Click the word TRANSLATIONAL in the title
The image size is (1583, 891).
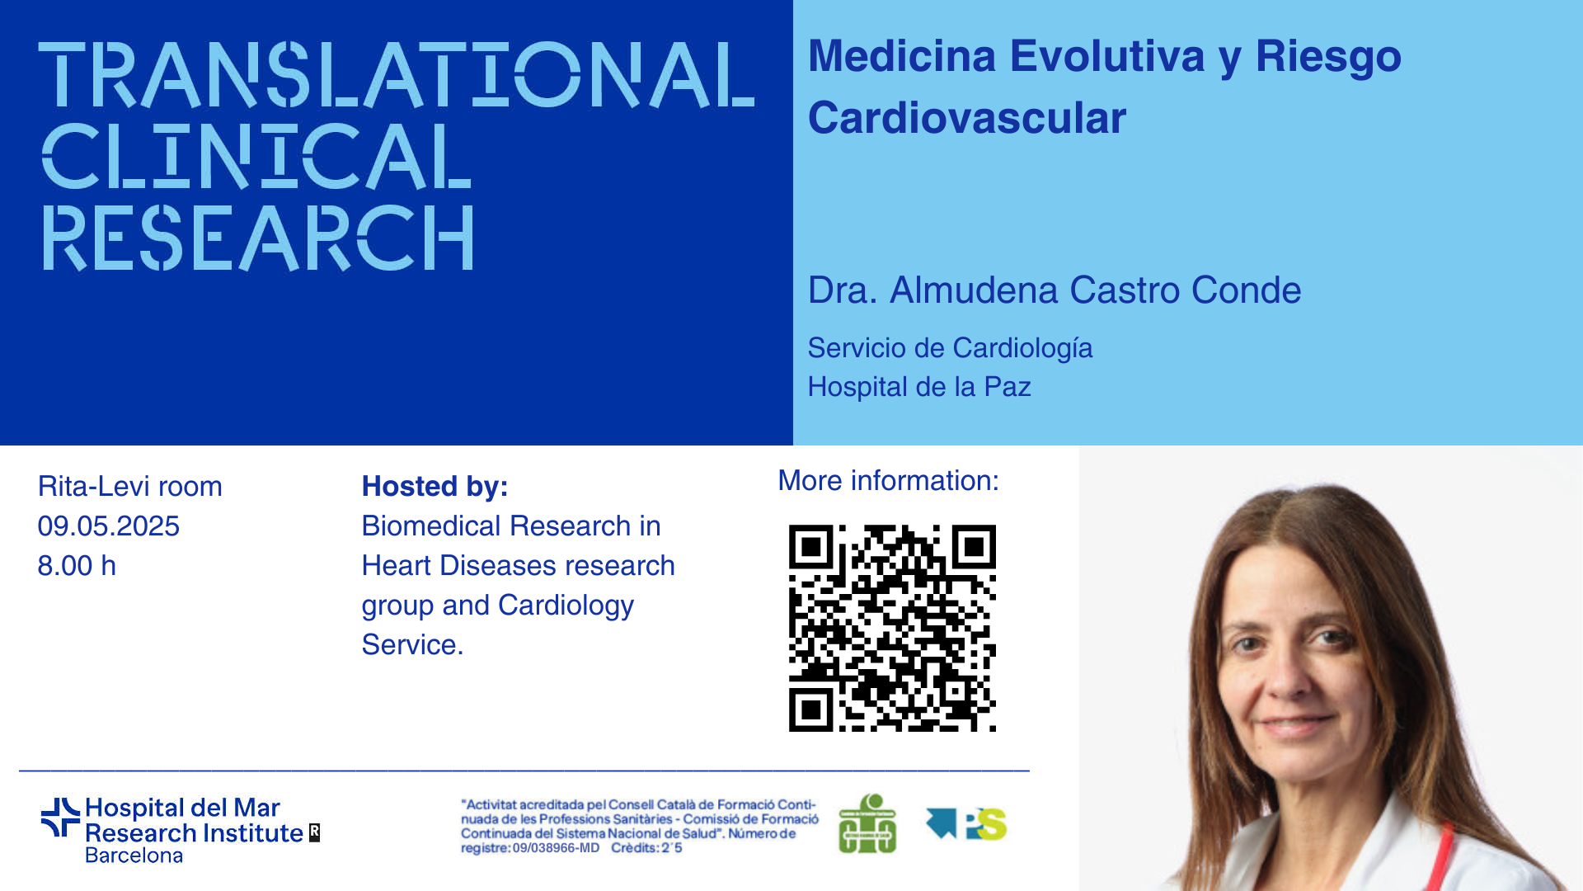(x=397, y=75)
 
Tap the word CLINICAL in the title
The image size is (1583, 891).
(x=256, y=157)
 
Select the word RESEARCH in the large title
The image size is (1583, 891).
(x=258, y=238)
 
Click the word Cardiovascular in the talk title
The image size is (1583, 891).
(x=967, y=118)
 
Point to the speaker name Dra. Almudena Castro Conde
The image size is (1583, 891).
(x=1055, y=290)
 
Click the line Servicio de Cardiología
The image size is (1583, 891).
(x=950, y=349)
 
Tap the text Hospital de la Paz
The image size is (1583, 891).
(x=919, y=387)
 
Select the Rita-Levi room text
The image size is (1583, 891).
(x=130, y=487)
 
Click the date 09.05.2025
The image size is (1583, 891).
(x=109, y=526)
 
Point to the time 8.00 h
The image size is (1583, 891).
(x=77, y=566)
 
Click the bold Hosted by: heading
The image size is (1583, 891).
(x=435, y=487)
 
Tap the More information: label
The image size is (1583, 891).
(x=889, y=481)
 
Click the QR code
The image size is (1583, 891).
(x=892, y=628)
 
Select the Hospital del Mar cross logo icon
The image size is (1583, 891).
(x=60, y=817)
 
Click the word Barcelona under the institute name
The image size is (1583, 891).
(x=134, y=856)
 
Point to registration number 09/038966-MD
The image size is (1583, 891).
(x=556, y=848)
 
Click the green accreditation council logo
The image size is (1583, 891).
(x=867, y=823)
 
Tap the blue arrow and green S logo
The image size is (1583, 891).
(x=966, y=823)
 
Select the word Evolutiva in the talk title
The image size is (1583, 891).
(x=1107, y=56)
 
